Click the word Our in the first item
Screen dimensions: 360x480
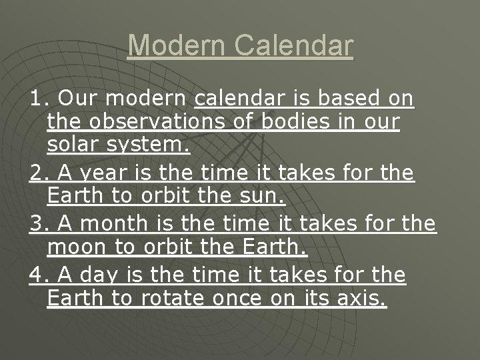click(77, 99)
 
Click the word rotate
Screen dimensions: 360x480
click(173, 299)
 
